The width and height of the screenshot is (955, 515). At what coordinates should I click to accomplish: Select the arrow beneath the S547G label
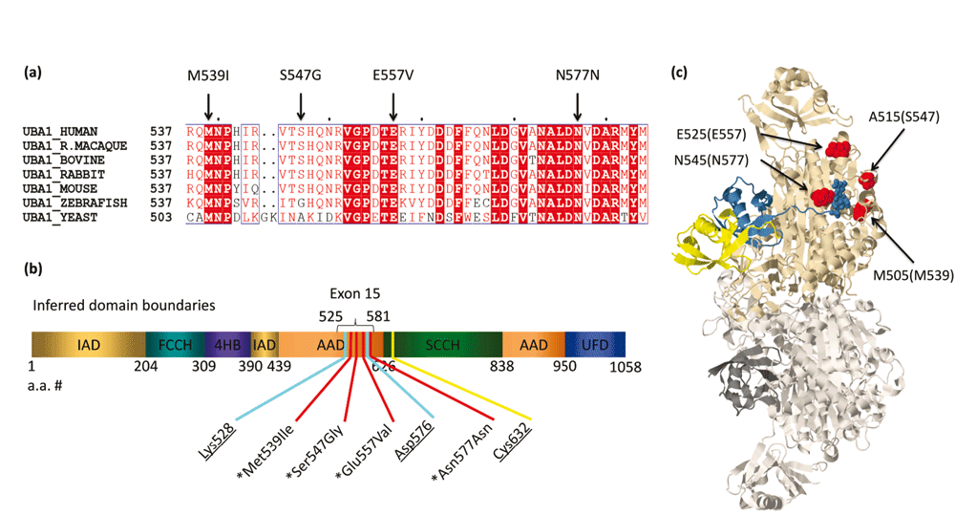coord(301,101)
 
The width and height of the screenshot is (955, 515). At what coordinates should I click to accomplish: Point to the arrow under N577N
coord(577,101)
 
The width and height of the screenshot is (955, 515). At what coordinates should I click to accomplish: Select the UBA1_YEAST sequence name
coord(63,217)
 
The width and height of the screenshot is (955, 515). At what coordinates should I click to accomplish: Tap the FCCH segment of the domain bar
coord(169,345)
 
